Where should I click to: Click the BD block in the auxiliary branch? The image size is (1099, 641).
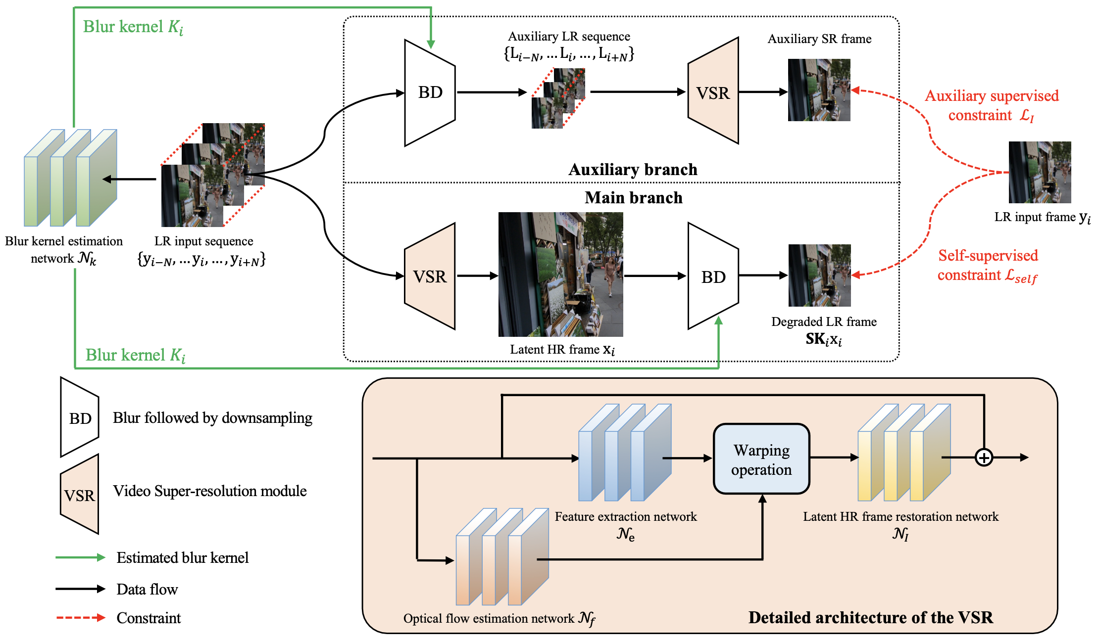point(429,92)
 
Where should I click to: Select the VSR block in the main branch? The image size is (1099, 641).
point(429,276)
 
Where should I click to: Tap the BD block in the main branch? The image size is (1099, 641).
point(713,276)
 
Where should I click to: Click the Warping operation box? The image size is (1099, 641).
point(761,459)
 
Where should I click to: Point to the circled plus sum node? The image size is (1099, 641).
point(984,458)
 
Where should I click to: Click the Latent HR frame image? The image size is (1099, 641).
point(560,275)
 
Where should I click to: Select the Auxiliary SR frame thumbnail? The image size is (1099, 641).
point(819,90)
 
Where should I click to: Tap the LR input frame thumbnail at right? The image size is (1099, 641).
point(1040,172)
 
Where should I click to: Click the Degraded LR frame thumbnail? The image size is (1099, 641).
point(819,275)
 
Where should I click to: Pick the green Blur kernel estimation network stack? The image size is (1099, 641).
point(70,178)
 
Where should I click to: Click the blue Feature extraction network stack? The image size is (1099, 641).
point(624,453)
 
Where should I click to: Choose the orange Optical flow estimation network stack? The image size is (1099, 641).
point(501,556)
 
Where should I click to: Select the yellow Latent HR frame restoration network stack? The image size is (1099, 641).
point(903,453)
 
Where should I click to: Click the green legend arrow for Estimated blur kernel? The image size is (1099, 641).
point(80,557)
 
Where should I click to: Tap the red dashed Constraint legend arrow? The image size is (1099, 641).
point(80,618)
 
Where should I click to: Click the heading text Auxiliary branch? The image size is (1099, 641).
point(633,170)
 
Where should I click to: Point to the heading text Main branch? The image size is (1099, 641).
point(633,198)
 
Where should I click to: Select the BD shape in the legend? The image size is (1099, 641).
point(80,418)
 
